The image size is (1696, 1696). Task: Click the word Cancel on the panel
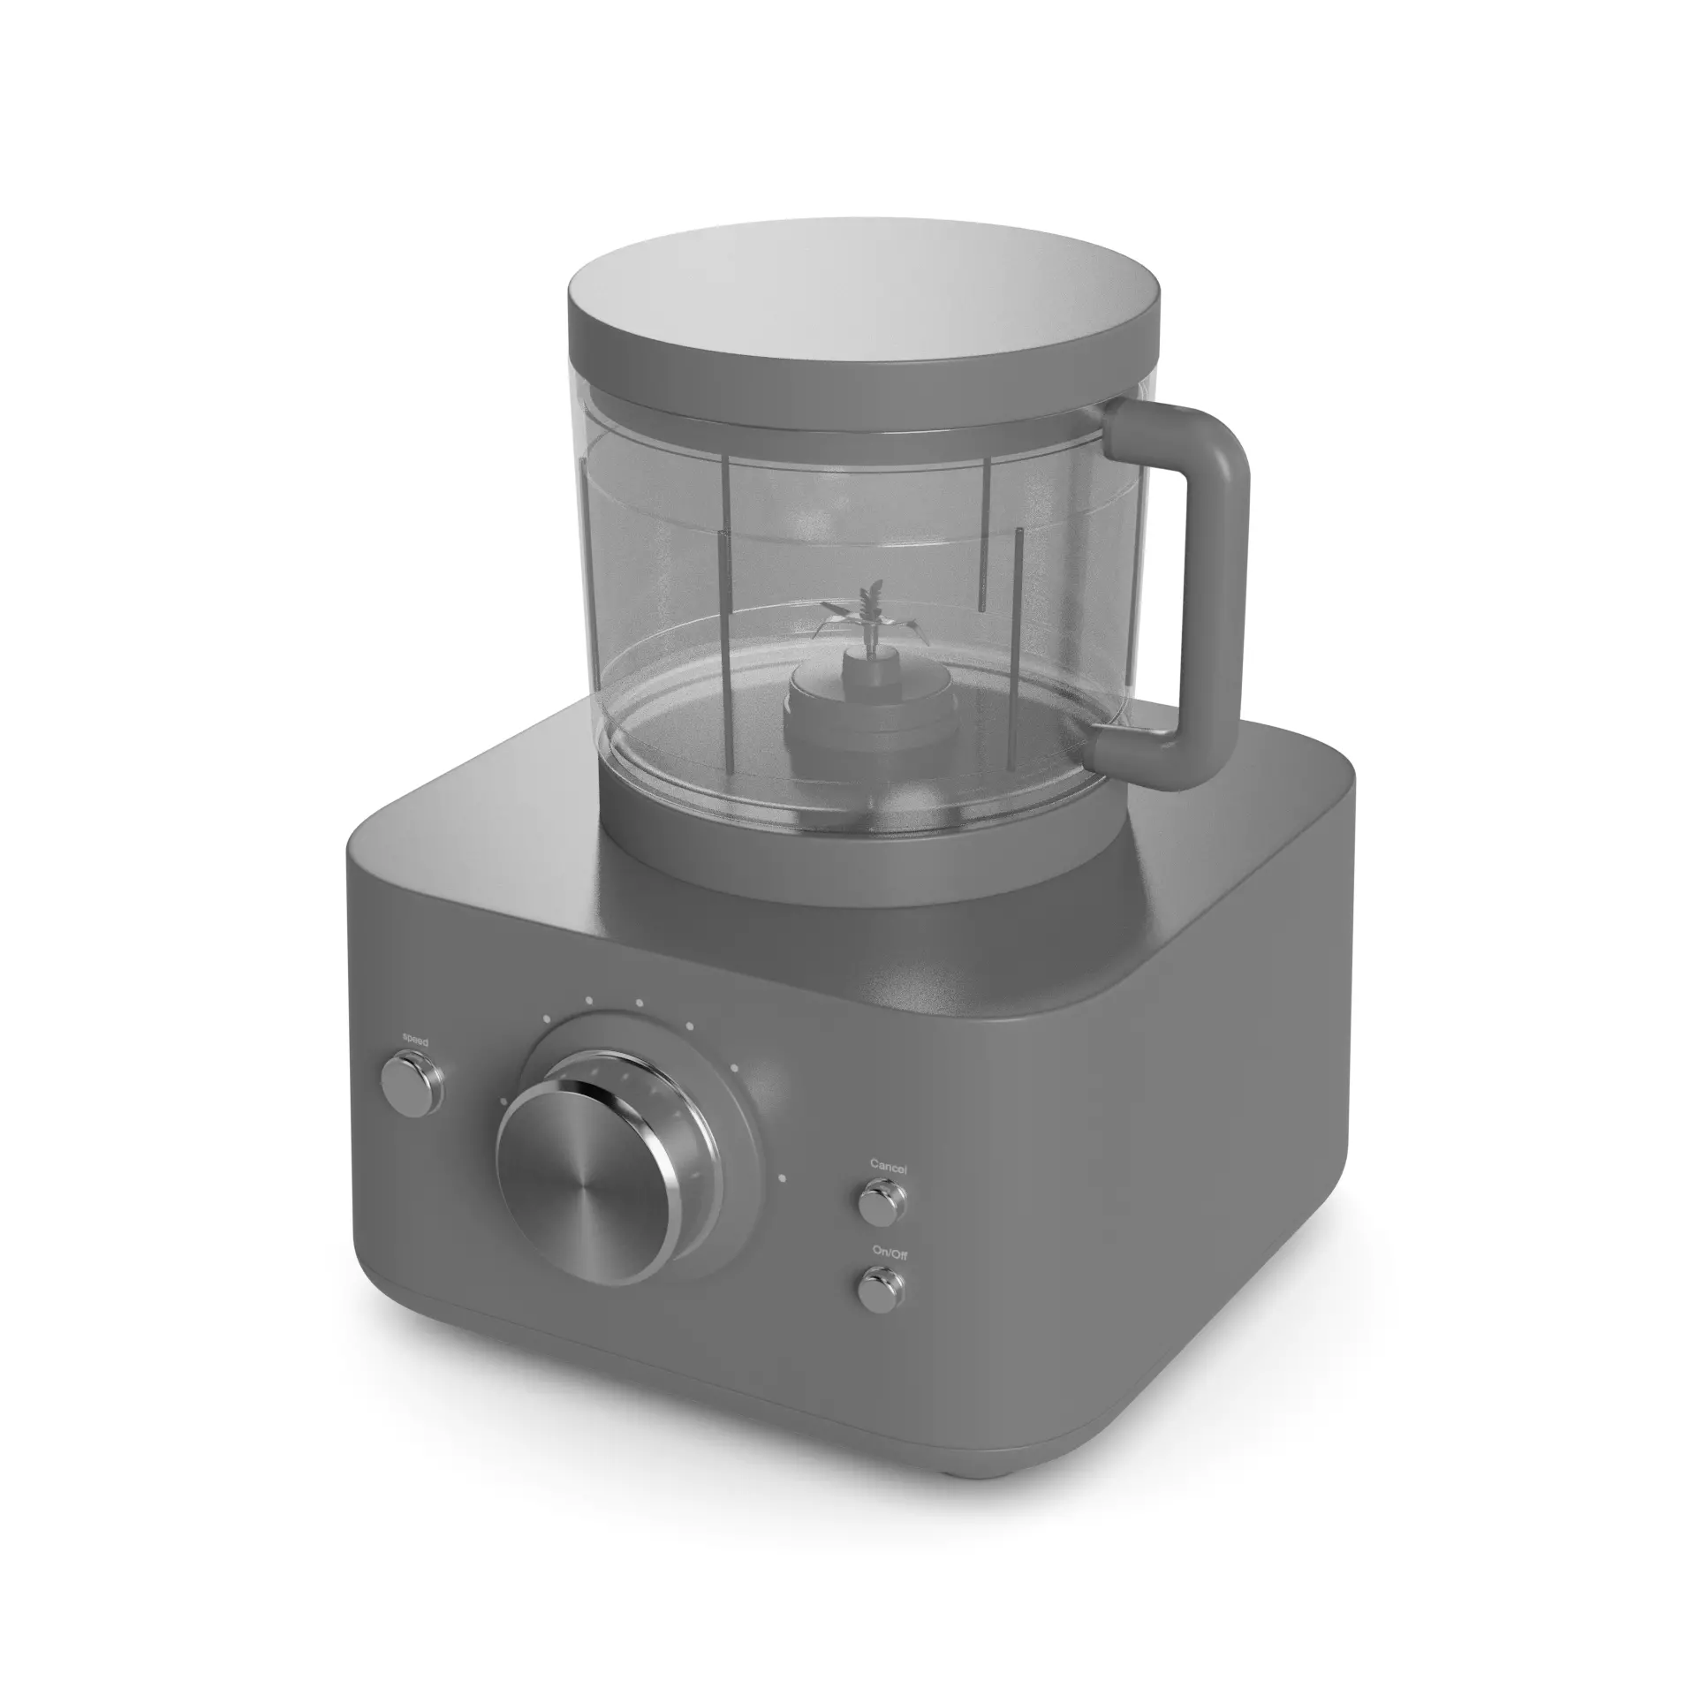pos(888,1165)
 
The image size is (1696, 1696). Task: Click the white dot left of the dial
pos(503,1101)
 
